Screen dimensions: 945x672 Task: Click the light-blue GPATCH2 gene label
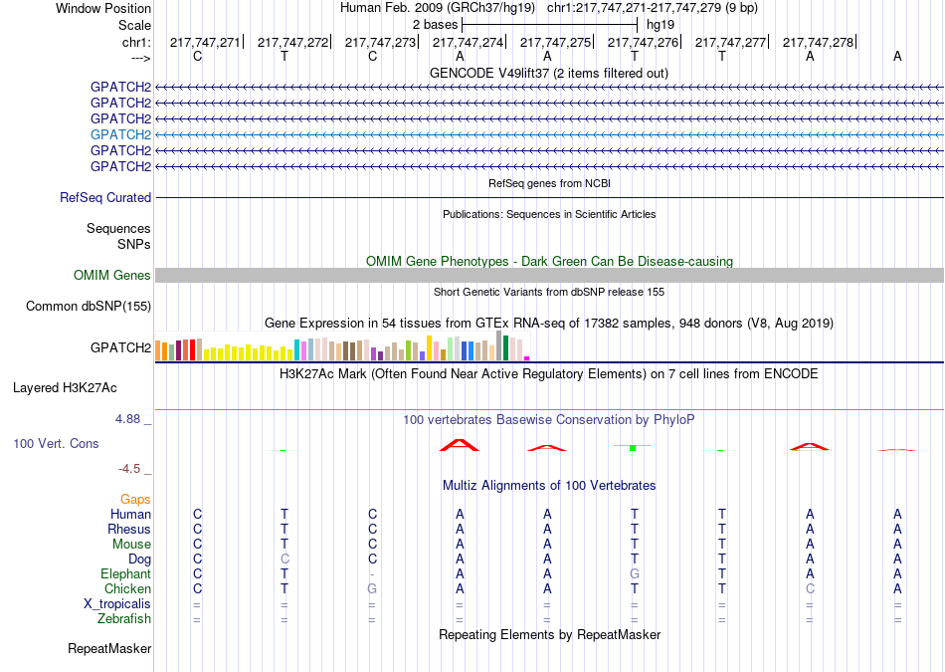tap(120, 134)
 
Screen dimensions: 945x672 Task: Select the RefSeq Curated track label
tap(105, 197)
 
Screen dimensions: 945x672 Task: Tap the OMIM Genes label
tap(112, 275)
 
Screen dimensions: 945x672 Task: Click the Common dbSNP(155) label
tap(89, 306)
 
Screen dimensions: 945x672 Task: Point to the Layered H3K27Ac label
tap(65, 388)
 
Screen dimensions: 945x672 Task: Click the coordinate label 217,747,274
tap(468, 42)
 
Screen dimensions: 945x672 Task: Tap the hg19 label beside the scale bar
tap(661, 25)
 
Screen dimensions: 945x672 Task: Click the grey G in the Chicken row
tap(372, 588)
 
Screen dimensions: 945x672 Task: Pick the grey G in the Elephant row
tap(634, 573)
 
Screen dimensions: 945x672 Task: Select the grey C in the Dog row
tap(284, 559)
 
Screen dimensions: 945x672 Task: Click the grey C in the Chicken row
tap(810, 588)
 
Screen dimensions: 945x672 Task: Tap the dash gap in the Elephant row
tap(372, 574)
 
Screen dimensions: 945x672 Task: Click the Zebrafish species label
tap(124, 618)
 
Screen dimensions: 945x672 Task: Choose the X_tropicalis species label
tap(117, 604)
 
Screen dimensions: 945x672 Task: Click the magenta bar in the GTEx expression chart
tap(527, 358)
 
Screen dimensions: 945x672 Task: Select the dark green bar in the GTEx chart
tap(505, 348)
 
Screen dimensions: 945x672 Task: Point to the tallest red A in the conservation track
tap(460, 445)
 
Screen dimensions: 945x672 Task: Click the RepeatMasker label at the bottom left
tap(109, 648)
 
